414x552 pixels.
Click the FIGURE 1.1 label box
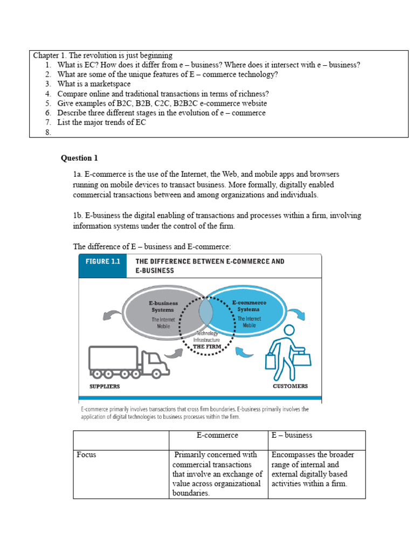[102, 266]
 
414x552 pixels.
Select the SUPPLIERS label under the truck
[105, 387]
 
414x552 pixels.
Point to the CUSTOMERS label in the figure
[291, 386]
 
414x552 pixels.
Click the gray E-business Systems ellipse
[156, 315]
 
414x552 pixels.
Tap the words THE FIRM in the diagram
[207, 346]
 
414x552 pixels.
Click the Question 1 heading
[79, 158]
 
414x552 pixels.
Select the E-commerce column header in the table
[217, 435]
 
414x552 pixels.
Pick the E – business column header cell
[292, 435]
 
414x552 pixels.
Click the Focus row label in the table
[86, 454]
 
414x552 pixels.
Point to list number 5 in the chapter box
[48, 103]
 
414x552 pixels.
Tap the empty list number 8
[48, 132]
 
